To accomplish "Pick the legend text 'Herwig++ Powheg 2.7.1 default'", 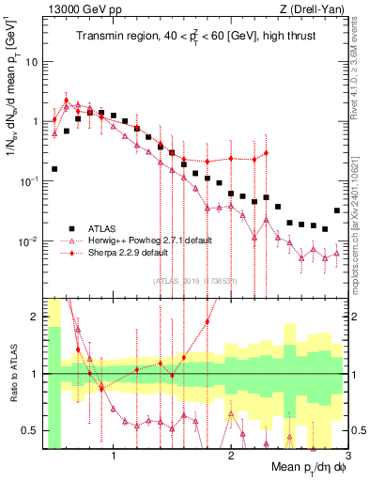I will (x=150, y=240).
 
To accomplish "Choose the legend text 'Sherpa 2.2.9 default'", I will (x=131, y=253).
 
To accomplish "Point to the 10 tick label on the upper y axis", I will (x=33, y=61).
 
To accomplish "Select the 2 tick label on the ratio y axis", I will (x=35, y=317).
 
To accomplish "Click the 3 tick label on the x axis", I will (x=347, y=455).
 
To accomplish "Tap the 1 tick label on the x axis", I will (x=114, y=455).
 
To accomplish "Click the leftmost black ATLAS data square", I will (x=54, y=169).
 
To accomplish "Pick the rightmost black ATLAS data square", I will (x=337, y=210).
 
